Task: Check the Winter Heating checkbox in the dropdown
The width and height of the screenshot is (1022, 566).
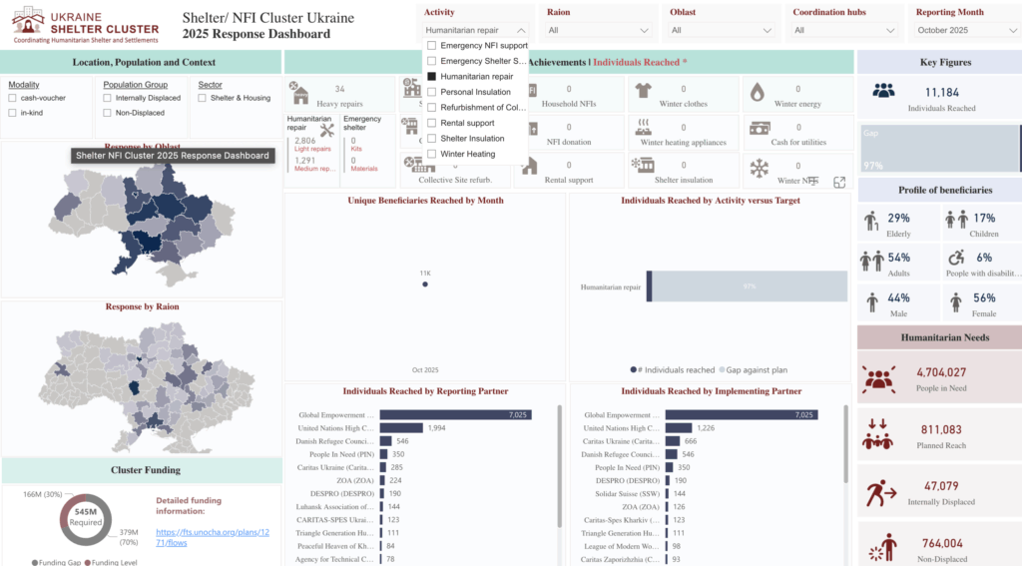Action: tap(431, 154)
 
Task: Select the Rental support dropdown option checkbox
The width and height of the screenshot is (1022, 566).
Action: tap(431, 123)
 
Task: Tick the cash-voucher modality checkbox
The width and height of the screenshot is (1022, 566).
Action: tap(12, 98)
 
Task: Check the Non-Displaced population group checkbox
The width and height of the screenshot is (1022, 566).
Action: tap(108, 113)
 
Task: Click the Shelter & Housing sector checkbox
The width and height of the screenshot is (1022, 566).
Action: tap(203, 98)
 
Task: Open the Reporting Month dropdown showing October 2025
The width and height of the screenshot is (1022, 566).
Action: tap(962, 30)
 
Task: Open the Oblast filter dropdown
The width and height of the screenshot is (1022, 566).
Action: tap(721, 30)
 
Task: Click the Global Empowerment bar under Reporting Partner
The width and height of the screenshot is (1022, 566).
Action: tap(455, 414)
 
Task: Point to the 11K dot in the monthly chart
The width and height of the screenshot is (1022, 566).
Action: tap(425, 283)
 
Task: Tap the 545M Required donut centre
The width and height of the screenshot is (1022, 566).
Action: tap(85, 515)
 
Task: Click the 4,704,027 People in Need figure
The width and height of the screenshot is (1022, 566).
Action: tap(941, 372)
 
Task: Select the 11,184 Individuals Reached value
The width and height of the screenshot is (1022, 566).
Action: tap(941, 92)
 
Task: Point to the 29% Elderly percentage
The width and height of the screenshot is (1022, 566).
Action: tap(898, 218)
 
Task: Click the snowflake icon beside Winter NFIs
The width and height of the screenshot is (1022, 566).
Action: tap(760, 168)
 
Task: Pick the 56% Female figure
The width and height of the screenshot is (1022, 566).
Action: tap(984, 297)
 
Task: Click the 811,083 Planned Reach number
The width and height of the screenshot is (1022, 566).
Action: tap(941, 429)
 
